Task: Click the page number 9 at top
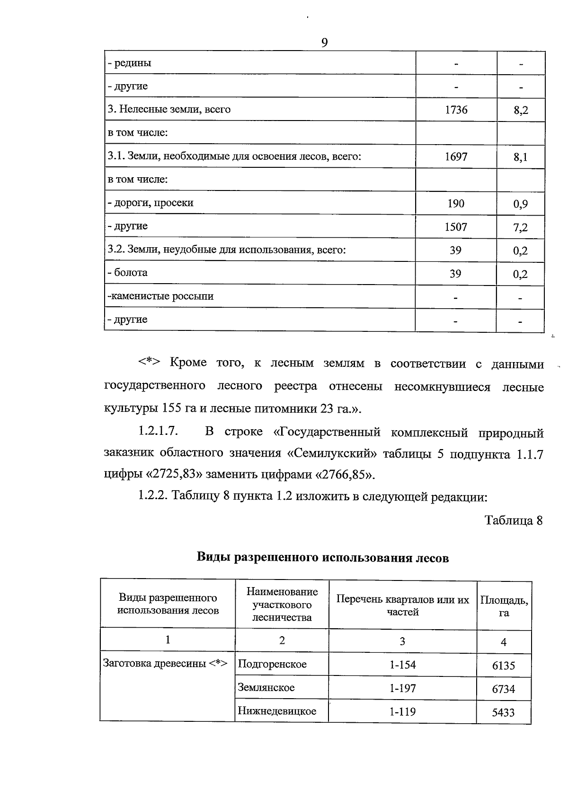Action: pos(324,43)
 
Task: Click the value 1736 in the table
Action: pos(456,110)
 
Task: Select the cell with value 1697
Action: pos(456,156)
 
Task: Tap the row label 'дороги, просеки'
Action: pos(151,203)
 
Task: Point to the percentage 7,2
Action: pos(520,228)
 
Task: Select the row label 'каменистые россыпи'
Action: pos(161,296)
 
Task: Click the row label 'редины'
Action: pos(130,63)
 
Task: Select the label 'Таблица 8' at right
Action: pos(513,520)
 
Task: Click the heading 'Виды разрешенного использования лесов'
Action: pos(322,557)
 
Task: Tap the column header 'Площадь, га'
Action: pos(504,606)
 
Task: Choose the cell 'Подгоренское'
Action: pos(272,664)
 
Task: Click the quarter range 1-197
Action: pos(402,688)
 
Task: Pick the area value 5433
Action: pos(503,712)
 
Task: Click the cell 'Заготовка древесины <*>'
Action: pos(165,663)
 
